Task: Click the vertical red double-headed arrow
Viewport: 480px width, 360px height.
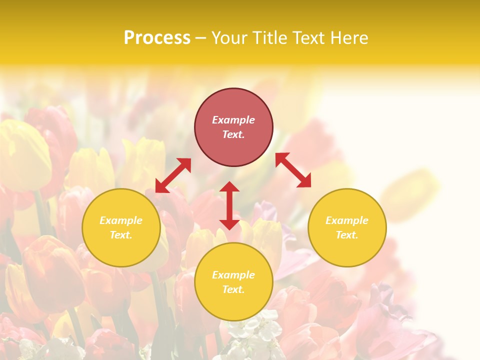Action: point(229,205)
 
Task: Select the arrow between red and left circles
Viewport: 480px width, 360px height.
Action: point(173,175)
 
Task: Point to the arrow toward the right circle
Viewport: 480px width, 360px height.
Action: point(293,170)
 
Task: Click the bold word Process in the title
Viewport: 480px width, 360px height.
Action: point(157,37)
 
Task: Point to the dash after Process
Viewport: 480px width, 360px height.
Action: point(200,38)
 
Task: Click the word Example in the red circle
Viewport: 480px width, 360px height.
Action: point(233,120)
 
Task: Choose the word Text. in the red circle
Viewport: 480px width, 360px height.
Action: point(233,134)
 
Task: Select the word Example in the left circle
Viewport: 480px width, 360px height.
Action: point(121,220)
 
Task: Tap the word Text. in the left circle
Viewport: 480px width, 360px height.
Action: point(121,235)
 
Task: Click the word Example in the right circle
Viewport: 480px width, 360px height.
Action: point(347,220)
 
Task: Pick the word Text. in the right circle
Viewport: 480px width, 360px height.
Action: point(347,235)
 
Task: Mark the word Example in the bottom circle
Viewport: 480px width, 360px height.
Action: point(233,275)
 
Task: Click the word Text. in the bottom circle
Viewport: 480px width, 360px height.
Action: point(233,289)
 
